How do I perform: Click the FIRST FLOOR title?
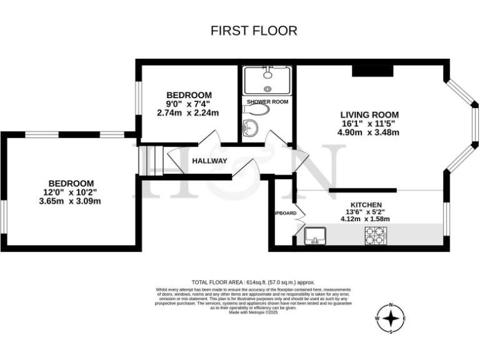[x=253, y=31]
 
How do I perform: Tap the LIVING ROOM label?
[x=369, y=115]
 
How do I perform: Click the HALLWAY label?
[x=209, y=161]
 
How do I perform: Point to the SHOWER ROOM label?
[x=267, y=101]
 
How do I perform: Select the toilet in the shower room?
[x=258, y=109]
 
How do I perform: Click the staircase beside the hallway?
[x=150, y=160]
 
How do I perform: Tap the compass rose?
[x=391, y=319]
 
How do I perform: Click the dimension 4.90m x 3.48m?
[x=368, y=132]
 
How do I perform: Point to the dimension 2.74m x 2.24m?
[x=188, y=113]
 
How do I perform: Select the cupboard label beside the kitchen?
[x=285, y=213]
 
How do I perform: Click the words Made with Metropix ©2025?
[x=253, y=312]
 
